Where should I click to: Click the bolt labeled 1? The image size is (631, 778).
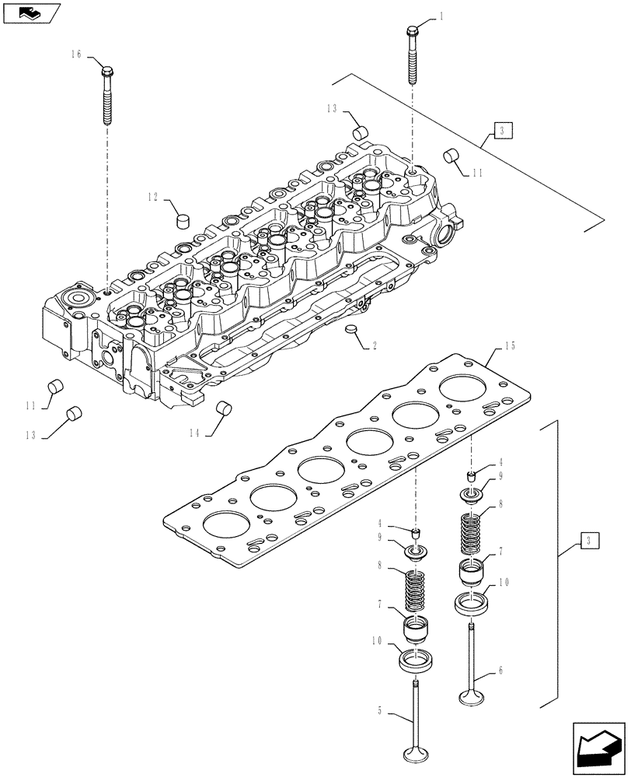(411, 54)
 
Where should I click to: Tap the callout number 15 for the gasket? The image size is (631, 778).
(510, 345)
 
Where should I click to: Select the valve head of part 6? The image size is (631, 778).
(473, 693)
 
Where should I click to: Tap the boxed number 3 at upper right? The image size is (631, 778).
(502, 130)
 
